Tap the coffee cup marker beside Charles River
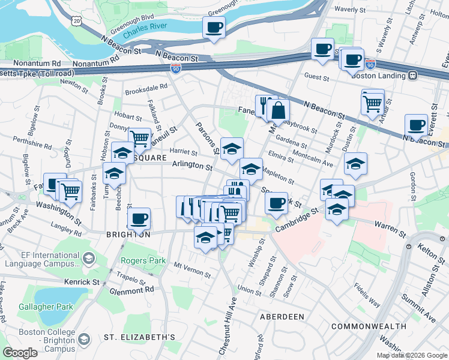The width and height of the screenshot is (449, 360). coord(214,27)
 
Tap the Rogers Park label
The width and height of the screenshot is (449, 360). coord(141,260)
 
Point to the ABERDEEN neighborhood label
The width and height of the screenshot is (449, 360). coord(282,316)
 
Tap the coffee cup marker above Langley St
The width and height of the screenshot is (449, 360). coord(139,218)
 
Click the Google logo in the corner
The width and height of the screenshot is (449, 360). coord(20,353)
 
